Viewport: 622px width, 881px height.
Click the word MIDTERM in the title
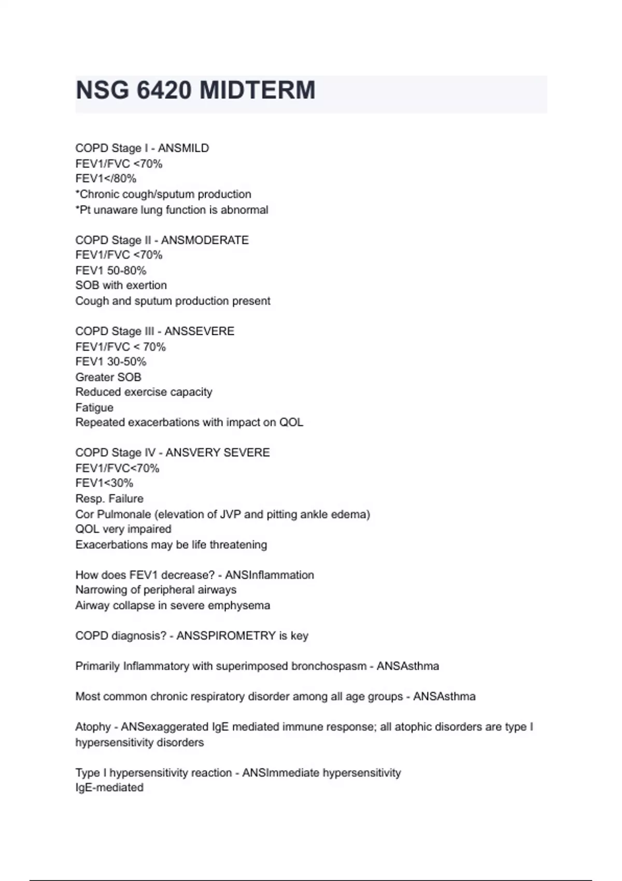pos(257,90)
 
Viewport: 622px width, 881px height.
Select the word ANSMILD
pos(183,148)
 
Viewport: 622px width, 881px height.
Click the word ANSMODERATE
pos(205,240)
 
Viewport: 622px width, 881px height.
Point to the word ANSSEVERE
pos(199,331)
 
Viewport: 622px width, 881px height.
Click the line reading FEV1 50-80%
pos(111,271)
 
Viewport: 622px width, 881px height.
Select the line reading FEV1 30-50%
pos(111,362)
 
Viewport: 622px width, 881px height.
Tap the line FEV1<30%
pos(104,483)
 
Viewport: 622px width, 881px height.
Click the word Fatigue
pos(94,407)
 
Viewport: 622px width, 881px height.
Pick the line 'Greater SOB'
pos(108,377)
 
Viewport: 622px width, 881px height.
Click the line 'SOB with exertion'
pos(121,286)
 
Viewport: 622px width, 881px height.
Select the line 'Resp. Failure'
pos(109,499)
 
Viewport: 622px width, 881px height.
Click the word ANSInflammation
pos(270,575)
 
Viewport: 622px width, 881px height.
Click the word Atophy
pos(93,727)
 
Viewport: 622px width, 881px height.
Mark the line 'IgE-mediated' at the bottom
pos(109,788)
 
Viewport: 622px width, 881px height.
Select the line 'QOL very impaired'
pos(123,529)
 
